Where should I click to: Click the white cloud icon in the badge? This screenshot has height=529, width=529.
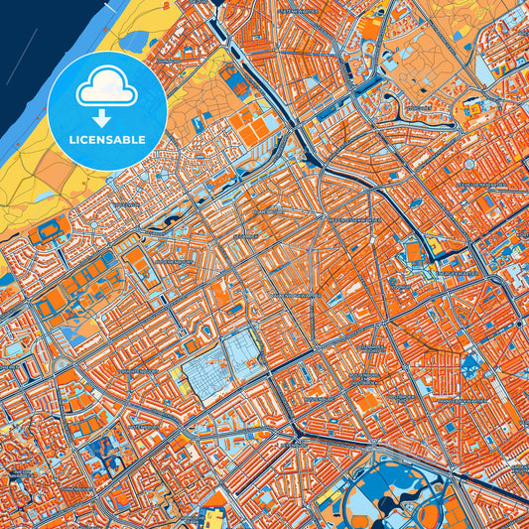(107, 87)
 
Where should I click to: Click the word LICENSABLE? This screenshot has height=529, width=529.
(106, 138)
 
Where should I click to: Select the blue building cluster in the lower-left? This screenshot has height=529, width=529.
(99, 452)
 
